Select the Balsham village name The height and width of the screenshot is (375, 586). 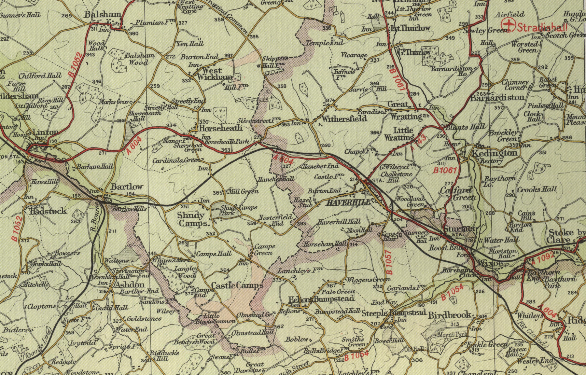[103, 15]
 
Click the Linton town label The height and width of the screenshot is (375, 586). [46, 132]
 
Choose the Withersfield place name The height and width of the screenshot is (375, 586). [344, 118]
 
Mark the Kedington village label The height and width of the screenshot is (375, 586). [495, 153]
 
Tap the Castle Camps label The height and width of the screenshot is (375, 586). [237, 285]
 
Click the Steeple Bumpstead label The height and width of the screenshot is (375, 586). [394, 312]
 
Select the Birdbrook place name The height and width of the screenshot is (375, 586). [450, 315]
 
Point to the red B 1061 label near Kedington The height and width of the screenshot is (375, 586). [446, 170]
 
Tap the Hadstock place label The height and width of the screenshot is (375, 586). [48, 211]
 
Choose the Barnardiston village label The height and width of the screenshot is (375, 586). [497, 97]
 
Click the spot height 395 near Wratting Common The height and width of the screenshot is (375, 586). [254, 36]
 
